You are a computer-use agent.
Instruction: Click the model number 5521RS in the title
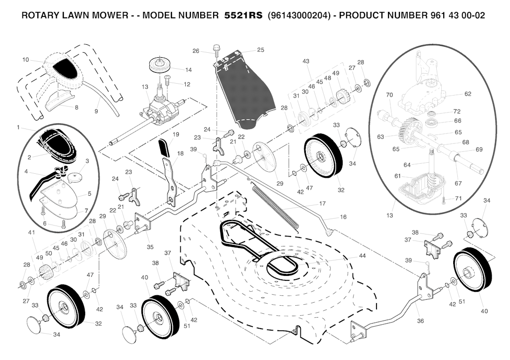click(243, 15)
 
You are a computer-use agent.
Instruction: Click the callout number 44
click(362, 255)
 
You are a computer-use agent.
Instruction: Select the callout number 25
click(260, 50)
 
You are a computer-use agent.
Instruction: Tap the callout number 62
click(468, 94)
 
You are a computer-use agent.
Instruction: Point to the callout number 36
click(420, 321)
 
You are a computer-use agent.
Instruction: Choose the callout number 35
click(150, 247)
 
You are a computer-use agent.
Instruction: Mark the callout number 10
click(26, 60)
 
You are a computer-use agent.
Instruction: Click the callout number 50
click(49, 253)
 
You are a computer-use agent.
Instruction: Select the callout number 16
click(343, 217)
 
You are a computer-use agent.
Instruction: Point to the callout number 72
click(457, 112)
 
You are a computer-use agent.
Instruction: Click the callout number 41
click(31, 233)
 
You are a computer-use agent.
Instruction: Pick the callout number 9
click(96, 112)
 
